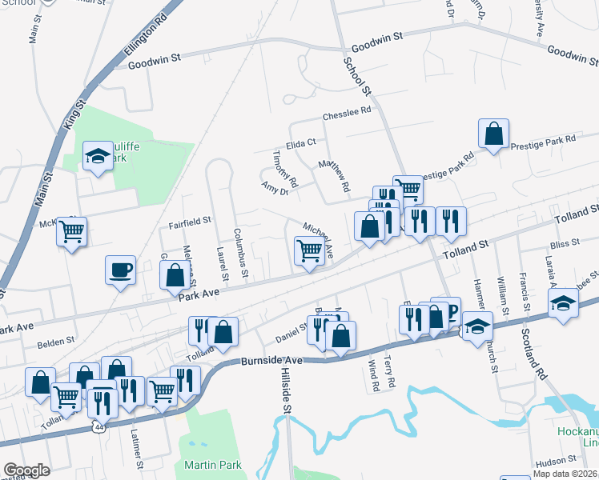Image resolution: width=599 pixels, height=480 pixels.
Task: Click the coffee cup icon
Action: click(x=120, y=270)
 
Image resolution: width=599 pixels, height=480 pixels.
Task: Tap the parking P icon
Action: click(x=449, y=311)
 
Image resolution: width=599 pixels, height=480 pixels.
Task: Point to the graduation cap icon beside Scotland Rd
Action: click(x=563, y=304)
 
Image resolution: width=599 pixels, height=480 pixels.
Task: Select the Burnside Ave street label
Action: click(x=271, y=362)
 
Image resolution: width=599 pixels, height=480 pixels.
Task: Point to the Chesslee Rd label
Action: click(x=348, y=114)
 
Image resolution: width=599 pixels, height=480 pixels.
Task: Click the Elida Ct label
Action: click(x=302, y=142)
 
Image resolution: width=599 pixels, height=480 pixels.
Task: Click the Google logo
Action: click(x=26, y=470)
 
